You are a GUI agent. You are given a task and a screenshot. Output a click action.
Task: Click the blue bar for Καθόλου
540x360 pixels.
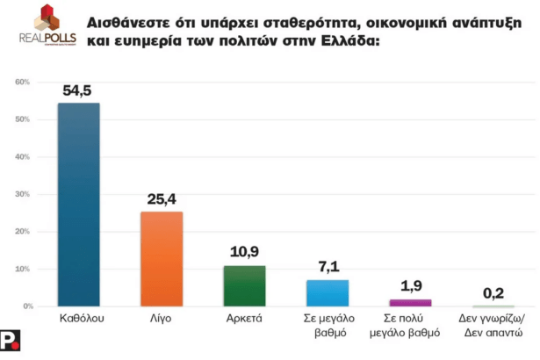[x=78, y=204]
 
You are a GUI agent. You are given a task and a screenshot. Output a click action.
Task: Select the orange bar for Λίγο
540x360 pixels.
[x=162, y=258]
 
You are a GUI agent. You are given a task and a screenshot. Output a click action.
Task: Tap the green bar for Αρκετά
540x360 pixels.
[x=245, y=285]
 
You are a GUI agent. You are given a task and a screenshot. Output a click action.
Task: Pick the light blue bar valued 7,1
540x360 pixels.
[x=328, y=292]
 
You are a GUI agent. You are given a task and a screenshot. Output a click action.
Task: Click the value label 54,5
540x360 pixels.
[x=78, y=90]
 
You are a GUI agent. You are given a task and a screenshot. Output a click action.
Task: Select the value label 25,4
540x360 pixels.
[x=162, y=199]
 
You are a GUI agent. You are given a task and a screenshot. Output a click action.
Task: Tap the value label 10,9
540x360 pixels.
[x=245, y=253]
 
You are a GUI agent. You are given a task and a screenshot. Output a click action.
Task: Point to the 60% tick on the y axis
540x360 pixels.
[x=25, y=82]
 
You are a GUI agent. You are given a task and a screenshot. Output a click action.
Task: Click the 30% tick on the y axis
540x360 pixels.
[x=25, y=194]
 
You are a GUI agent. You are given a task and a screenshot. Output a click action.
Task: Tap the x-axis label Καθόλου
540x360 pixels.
[x=78, y=319]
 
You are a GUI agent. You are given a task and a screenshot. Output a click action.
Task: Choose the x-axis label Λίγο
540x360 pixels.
[x=162, y=319]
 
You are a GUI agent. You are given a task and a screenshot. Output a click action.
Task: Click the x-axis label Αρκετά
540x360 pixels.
[x=245, y=319]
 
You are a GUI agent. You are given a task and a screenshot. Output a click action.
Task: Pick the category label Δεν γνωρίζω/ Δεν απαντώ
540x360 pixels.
[x=493, y=326]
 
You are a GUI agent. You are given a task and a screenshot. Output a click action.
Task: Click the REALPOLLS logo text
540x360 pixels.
[x=47, y=37]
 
